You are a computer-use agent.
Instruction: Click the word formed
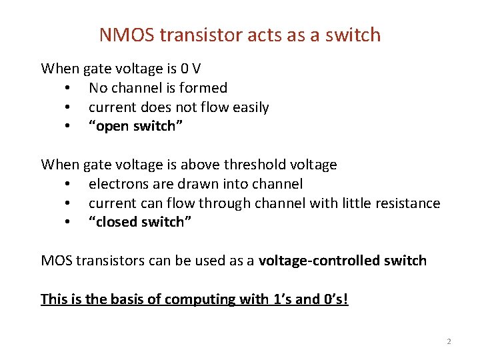tap(206, 88)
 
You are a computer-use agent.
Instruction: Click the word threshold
tap(253, 164)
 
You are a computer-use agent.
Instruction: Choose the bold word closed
tap(118, 223)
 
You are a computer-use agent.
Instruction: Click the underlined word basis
tap(126, 299)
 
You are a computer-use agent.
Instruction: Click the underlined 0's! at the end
tap(334, 299)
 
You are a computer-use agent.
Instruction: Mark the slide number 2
tap(449, 341)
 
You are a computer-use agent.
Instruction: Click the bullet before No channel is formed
tap(68, 89)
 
